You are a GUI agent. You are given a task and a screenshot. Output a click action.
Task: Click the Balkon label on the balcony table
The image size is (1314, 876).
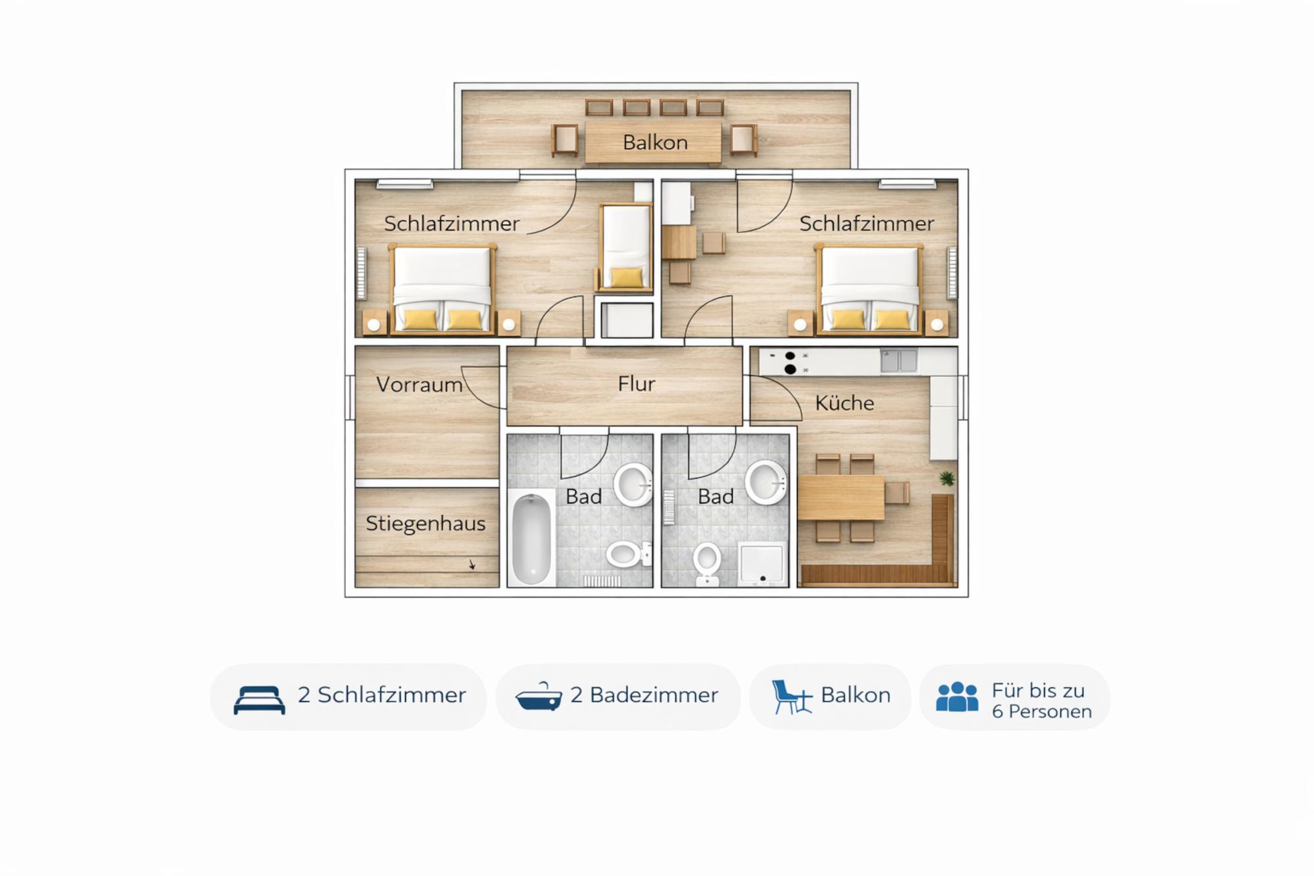click(655, 143)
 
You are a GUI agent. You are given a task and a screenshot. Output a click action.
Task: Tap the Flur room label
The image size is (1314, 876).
click(637, 384)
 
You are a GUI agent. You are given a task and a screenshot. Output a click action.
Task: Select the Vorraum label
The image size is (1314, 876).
click(419, 384)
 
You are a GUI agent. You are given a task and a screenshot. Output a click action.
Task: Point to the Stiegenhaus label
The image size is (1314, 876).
click(426, 524)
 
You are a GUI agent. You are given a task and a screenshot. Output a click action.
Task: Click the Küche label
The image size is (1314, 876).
click(845, 403)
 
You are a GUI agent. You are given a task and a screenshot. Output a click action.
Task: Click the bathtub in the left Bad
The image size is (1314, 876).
click(531, 539)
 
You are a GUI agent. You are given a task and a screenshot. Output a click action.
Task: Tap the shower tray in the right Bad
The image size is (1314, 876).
click(763, 564)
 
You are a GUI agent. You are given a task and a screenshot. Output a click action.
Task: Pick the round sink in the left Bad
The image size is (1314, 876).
click(633, 485)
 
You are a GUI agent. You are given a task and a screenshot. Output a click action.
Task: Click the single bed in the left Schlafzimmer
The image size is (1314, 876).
click(625, 247)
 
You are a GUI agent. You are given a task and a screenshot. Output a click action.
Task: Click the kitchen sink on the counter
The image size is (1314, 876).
click(899, 361)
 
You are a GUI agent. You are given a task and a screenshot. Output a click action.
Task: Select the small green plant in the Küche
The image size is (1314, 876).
click(947, 478)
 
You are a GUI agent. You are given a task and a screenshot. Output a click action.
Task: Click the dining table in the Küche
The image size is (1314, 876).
click(841, 497)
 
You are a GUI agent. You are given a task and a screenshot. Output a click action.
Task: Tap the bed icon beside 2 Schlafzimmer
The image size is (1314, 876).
click(260, 699)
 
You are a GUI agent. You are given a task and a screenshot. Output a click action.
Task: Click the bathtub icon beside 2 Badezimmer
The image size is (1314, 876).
click(539, 698)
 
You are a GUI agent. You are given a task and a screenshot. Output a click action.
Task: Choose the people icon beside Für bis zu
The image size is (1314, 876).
click(957, 697)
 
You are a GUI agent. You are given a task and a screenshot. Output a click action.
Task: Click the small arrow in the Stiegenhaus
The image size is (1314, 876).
click(472, 565)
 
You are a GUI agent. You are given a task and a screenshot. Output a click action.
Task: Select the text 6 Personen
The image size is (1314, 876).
click(1042, 712)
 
